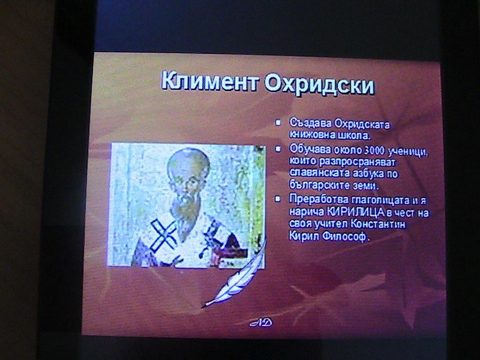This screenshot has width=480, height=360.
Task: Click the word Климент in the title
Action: pos(209,82)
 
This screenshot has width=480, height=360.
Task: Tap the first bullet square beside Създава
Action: pos(278,123)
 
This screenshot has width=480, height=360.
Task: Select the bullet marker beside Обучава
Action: pos(278,149)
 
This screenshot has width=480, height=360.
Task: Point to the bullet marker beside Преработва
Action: pos(278,199)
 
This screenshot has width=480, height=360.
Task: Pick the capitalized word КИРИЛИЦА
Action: pos(356,212)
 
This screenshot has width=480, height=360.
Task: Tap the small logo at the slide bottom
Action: pos(261,322)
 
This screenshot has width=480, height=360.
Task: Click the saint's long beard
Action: pos(185,214)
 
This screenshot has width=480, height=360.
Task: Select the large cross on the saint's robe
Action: pos(164,235)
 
